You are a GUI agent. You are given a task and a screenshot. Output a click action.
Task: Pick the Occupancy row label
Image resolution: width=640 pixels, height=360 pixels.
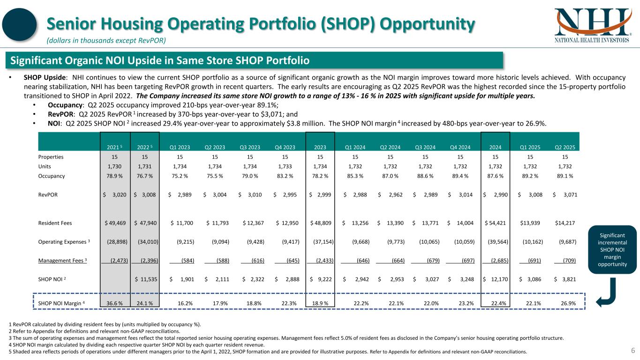[52, 176]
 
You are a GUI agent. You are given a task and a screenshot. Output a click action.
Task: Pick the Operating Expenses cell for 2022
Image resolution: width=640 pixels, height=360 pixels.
[146, 242]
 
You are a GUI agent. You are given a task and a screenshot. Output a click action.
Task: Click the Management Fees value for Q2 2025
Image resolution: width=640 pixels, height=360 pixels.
[568, 261]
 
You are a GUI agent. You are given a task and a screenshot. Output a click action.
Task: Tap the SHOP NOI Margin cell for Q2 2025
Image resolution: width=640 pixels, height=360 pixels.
[568, 303]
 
